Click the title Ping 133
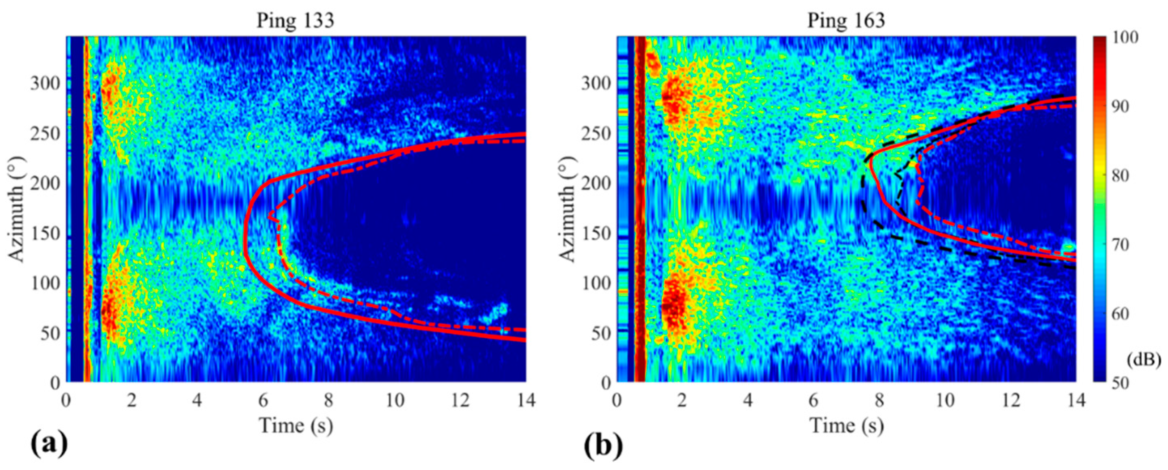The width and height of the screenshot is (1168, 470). tap(296, 21)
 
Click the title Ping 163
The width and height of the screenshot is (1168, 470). tap(846, 21)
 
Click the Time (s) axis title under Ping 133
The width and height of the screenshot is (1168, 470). tap(296, 426)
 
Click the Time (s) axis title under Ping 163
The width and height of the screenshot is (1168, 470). tap(846, 426)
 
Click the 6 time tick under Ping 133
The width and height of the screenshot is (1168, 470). tap(263, 401)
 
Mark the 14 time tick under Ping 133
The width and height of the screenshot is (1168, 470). tap(525, 401)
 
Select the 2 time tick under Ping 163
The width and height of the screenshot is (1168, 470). tap(682, 401)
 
